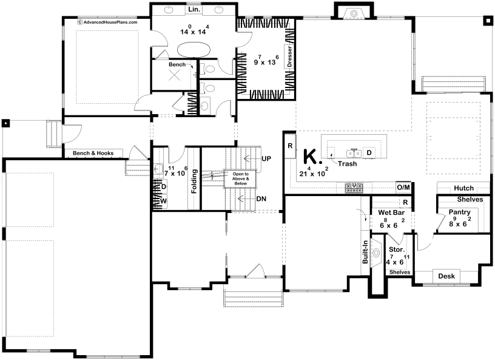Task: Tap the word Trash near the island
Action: click(x=347, y=164)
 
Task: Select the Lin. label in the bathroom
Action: click(x=194, y=10)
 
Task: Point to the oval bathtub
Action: click(x=194, y=50)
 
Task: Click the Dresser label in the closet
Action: click(x=289, y=56)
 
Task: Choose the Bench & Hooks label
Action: click(x=93, y=154)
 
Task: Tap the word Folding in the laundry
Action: click(x=194, y=182)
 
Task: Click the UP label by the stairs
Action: click(x=266, y=158)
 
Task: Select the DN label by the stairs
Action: click(x=261, y=199)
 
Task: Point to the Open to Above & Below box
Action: click(x=240, y=178)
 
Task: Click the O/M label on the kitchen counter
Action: click(x=403, y=188)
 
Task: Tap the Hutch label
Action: click(x=463, y=188)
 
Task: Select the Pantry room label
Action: click(x=460, y=212)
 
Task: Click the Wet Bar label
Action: click(x=391, y=212)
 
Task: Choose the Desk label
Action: click(x=446, y=276)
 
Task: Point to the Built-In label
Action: click(x=365, y=252)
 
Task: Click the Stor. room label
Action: click(x=397, y=250)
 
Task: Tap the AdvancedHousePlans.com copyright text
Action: click(x=107, y=22)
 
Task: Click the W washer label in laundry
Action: click(x=163, y=201)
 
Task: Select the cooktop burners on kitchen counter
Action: click(x=354, y=188)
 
